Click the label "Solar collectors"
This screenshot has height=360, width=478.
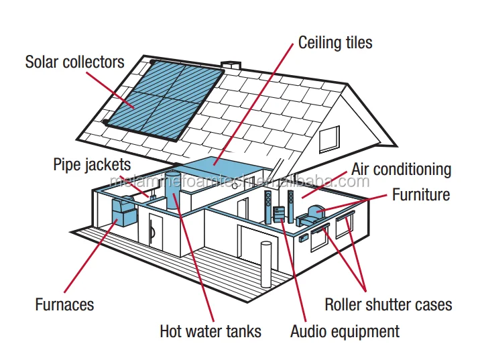pyautogui.click(x=74, y=62)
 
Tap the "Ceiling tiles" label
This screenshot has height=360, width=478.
pyautogui.click(x=335, y=43)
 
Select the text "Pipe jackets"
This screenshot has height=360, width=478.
pyautogui.click(x=92, y=164)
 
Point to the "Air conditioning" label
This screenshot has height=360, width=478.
pyautogui.click(x=401, y=170)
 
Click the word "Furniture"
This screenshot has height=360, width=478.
pyautogui.click(x=421, y=196)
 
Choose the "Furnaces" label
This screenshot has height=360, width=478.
pyautogui.click(x=64, y=304)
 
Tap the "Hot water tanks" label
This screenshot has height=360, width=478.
pyautogui.click(x=210, y=331)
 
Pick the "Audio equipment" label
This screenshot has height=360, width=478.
pyautogui.click(x=344, y=331)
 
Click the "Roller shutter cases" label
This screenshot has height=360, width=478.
pyautogui.click(x=388, y=304)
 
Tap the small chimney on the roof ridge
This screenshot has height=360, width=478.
pyautogui.click(x=233, y=66)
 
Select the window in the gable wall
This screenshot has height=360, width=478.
pyautogui.click(x=328, y=139)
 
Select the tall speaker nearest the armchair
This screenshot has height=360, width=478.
pyautogui.click(x=290, y=205)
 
